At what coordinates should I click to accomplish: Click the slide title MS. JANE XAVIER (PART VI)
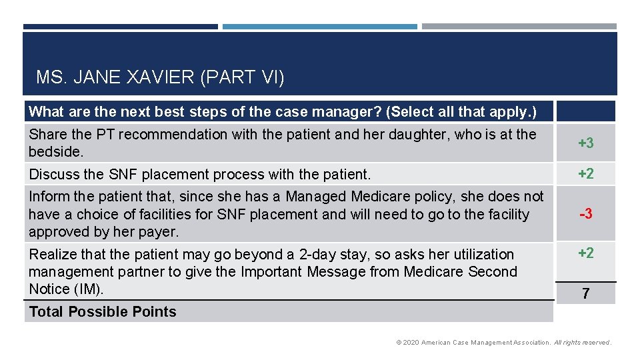[160, 78]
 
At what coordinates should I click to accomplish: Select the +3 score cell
[585, 143]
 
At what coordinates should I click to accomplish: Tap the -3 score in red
[585, 214]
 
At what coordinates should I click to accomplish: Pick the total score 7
[585, 293]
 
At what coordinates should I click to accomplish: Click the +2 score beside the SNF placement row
[585, 174]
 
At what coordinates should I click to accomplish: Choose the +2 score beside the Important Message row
[585, 253]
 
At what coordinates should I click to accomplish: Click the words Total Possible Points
[103, 312]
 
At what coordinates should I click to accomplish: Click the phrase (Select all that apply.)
[461, 111]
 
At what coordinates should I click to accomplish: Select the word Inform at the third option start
[49, 197]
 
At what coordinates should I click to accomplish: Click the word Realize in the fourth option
[53, 255]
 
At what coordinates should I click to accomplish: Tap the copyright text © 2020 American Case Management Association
[473, 343]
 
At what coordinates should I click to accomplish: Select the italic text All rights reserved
[583, 343]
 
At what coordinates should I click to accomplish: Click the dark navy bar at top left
[120, 27]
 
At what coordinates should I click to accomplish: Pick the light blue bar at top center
[319, 27]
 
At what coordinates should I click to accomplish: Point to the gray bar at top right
[519, 27]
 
